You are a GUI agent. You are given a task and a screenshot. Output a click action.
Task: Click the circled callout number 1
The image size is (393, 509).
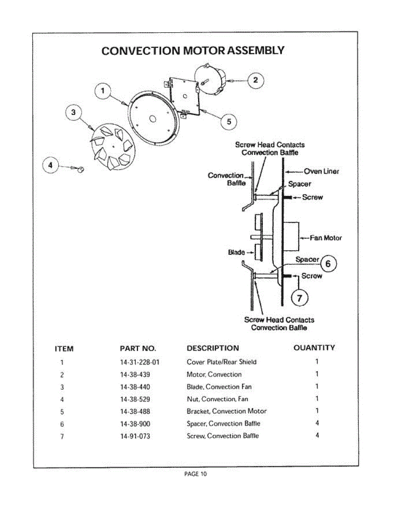[103, 91]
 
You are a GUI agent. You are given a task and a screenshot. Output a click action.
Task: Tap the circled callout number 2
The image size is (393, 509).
[256, 80]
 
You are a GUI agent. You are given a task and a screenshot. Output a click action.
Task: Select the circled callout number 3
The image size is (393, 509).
[74, 112]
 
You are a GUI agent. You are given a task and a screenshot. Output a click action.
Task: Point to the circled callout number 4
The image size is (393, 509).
[51, 166]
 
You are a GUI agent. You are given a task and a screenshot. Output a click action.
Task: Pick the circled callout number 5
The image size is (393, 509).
[229, 122]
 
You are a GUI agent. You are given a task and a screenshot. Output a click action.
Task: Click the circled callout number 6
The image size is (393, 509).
[328, 264]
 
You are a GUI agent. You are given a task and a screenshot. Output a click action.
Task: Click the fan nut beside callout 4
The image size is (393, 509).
[81, 170]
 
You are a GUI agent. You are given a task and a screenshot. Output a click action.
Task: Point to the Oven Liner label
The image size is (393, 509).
[321, 171]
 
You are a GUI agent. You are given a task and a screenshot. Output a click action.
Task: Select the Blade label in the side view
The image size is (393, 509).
[236, 252]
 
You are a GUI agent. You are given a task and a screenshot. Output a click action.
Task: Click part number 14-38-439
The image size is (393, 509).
[135, 375]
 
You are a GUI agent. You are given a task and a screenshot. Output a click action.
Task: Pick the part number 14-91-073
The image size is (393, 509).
[135, 436]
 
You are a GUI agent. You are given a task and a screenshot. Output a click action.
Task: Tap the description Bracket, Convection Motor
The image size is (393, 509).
[226, 411]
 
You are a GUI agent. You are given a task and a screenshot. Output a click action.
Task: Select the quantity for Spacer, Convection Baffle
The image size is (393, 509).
[317, 423]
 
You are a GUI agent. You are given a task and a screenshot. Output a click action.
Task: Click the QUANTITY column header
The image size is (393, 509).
[314, 348]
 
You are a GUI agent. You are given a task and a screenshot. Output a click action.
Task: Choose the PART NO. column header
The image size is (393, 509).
[138, 349]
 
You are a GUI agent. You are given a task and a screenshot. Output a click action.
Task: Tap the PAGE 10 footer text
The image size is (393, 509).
[195, 474]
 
